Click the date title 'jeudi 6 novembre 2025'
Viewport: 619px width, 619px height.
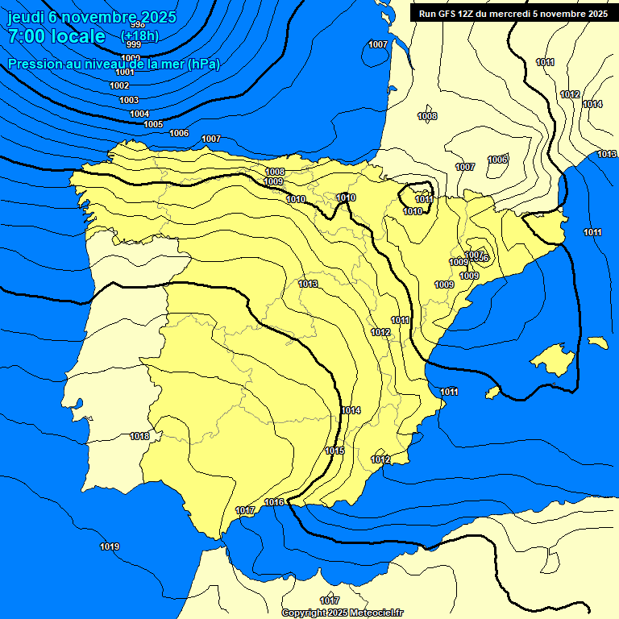[x=83, y=17]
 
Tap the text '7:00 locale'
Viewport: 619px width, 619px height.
[x=56, y=36]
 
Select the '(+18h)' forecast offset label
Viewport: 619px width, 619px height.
[x=139, y=36]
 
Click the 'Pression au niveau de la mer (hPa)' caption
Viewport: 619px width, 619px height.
[x=114, y=64]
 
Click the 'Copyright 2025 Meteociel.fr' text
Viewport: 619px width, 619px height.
[x=342, y=613]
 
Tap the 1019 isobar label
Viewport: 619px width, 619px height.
[x=110, y=547]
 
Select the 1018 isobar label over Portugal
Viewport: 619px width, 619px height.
[x=139, y=436]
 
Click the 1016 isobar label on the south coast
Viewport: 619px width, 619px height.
[x=274, y=502]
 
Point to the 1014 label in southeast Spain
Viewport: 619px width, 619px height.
[x=351, y=411]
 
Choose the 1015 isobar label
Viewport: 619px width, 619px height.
[x=334, y=451]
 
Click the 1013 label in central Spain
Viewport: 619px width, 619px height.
[x=308, y=284]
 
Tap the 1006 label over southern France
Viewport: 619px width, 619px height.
[x=497, y=160]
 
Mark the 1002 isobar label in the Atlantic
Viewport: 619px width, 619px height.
[x=119, y=85]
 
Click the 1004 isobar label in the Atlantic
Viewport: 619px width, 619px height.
[x=139, y=114]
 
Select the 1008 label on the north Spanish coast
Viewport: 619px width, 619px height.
[x=275, y=172]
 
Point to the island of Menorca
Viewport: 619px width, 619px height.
[x=597, y=342]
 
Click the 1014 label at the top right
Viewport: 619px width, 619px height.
[x=592, y=104]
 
